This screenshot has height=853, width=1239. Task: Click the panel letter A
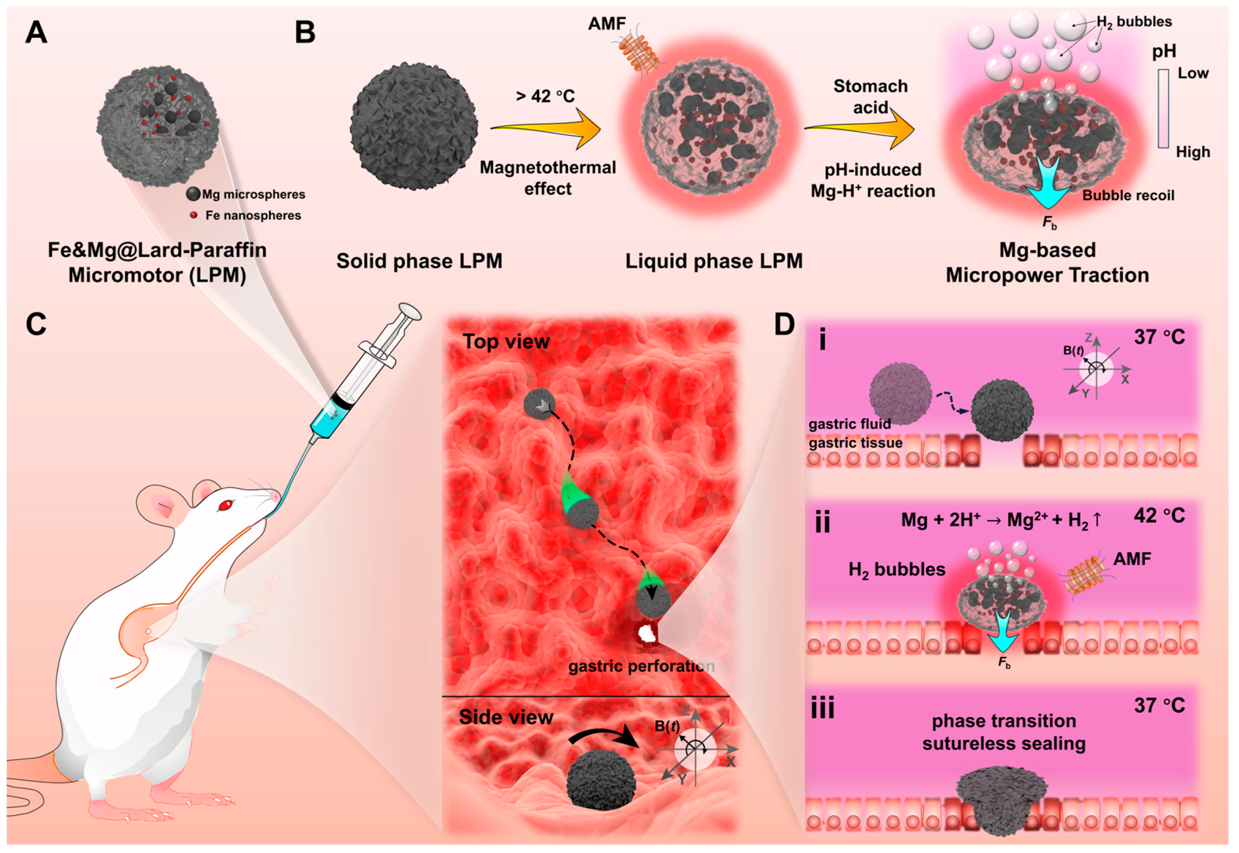(36, 33)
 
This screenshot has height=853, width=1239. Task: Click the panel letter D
(784, 324)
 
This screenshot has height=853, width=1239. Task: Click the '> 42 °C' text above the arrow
(545, 96)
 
